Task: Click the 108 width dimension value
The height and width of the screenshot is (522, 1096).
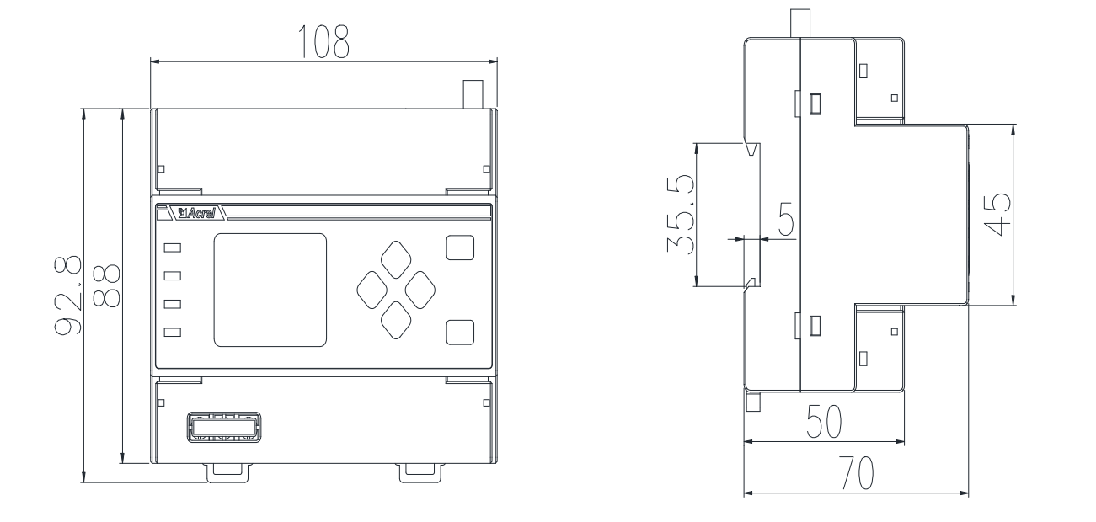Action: [323, 42]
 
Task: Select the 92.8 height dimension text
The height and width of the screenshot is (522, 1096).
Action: [67, 295]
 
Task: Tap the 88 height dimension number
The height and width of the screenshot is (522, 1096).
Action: [106, 286]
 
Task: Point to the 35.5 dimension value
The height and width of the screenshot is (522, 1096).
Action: [681, 215]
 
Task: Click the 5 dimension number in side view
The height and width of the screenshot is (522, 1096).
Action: [786, 219]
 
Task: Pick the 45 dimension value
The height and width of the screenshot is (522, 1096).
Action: [997, 215]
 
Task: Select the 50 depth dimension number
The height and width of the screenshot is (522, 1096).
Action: [825, 421]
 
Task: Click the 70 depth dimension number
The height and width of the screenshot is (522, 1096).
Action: [856, 473]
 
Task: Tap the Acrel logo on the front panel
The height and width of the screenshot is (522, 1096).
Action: [196, 213]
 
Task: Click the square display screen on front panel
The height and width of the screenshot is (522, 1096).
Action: [270, 290]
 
